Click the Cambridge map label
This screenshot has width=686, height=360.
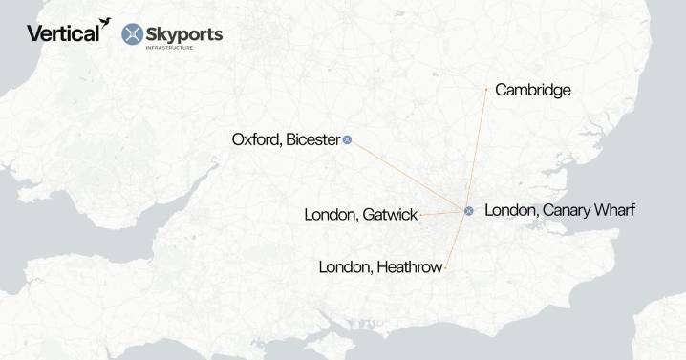click(x=533, y=91)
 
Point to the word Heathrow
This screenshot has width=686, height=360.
click(x=408, y=267)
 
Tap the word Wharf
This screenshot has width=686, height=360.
click(x=614, y=210)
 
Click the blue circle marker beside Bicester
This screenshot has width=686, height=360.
click(x=348, y=139)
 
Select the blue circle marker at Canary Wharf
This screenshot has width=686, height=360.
click(x=468, y=210)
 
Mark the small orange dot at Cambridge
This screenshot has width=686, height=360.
click(x=486, y=89)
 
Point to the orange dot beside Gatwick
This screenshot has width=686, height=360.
click(x=421, y=216)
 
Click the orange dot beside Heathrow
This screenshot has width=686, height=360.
click(x=445, y=268)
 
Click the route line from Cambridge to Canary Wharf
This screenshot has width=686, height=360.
click(x=478, y=148)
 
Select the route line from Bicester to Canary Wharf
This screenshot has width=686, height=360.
click(x=408, y=175)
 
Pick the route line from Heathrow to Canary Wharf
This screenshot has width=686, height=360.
click(x=457, y=239)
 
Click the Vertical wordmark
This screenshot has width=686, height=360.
click(x=61, y=33)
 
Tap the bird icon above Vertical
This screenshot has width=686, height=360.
click(x=103, y=20)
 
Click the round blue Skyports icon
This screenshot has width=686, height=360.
click(x=133, y=34)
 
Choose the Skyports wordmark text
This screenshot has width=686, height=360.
click(x=184, y=33)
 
